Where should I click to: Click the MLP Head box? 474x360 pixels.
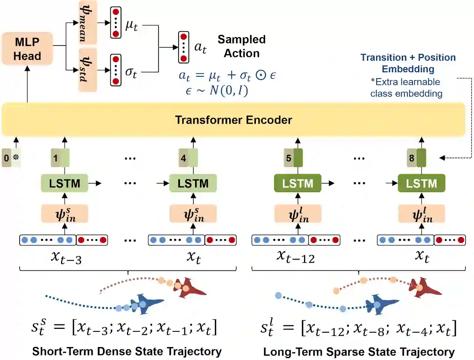point(27,49)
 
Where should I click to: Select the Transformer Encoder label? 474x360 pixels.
point(233,120)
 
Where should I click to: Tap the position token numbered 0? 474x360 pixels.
point(7,158)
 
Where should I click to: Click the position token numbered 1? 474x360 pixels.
point(56,158)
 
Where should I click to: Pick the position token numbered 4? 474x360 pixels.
point(183,158)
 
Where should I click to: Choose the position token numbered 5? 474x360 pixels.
point(289,158)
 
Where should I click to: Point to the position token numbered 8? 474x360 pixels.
point(411,158)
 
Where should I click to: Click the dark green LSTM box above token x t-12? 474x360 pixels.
point(297,183)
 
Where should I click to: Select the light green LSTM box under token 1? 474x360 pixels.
point(64,183)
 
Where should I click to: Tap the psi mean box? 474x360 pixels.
point(88,22)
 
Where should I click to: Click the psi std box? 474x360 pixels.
point(88,70)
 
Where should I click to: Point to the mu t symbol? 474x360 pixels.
point(131,25)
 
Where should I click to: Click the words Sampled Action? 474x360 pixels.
point(241,46)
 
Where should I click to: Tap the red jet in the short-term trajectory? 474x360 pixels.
point(189,287)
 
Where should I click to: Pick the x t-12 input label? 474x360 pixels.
point(296,256)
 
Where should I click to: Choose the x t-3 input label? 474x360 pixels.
point(66,257)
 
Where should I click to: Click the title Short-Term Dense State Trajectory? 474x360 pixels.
point(127,351)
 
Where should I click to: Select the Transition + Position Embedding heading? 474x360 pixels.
point(408,63)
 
